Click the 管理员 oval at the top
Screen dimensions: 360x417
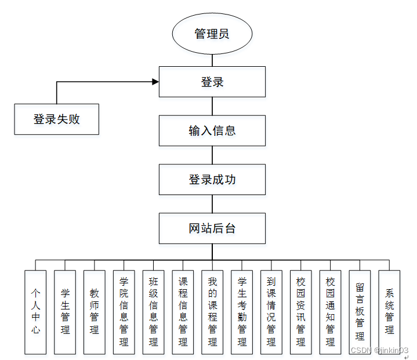coord(212,34)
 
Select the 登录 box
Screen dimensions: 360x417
coord(212,82)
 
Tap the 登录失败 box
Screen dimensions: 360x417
coord(56,119)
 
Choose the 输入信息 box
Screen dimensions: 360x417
coord(212,131)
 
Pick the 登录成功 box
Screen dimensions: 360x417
coord(212,179)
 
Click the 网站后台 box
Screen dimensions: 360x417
coord(212,228)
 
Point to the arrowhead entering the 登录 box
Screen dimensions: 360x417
coord(155,82)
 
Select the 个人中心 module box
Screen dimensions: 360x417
coord(36,312)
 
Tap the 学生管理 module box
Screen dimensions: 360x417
coord(65,312)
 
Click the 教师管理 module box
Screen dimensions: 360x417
coord(95,312)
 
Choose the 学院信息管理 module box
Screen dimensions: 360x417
coord(124,312)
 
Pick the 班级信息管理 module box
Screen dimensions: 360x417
coord(153,312)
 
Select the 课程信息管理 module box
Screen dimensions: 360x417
coord(183,312)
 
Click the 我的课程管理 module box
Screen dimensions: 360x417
coord(212,312)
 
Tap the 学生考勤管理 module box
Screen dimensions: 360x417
coord(242,312)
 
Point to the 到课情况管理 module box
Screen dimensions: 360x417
coord(271,312)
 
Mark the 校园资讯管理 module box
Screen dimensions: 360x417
coord(300,312)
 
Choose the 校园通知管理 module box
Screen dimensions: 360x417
coord(330,312)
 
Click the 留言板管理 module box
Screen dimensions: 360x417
coord(360,312)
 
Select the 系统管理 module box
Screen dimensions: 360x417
coord(389,312)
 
